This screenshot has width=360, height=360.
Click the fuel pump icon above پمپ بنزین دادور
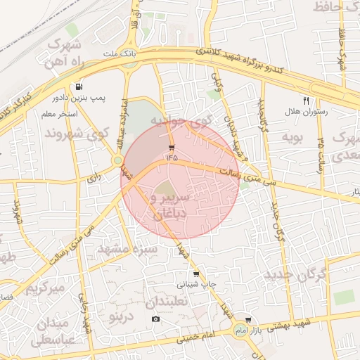pos(77,85)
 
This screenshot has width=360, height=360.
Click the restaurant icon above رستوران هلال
pos(306,101)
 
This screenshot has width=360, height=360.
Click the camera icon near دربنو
pos(155,319)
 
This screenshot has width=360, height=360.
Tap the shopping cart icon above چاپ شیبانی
pos(195,274)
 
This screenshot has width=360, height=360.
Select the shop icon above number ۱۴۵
pos(172,148)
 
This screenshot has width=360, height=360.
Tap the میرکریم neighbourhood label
pos(45,288)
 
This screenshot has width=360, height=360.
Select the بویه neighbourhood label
pos(292,136)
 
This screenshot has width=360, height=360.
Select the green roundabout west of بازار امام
pos(240,331)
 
